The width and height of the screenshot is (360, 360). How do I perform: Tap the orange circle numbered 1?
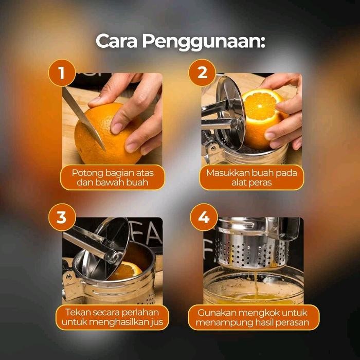tap(62, 73)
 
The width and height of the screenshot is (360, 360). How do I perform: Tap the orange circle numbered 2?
tap(202, 73)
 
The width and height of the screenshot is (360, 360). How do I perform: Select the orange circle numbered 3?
tap(62, 217)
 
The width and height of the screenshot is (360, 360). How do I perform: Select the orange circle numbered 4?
tap(204, 217)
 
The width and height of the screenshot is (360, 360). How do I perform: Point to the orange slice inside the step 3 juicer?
tap(127, 270)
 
